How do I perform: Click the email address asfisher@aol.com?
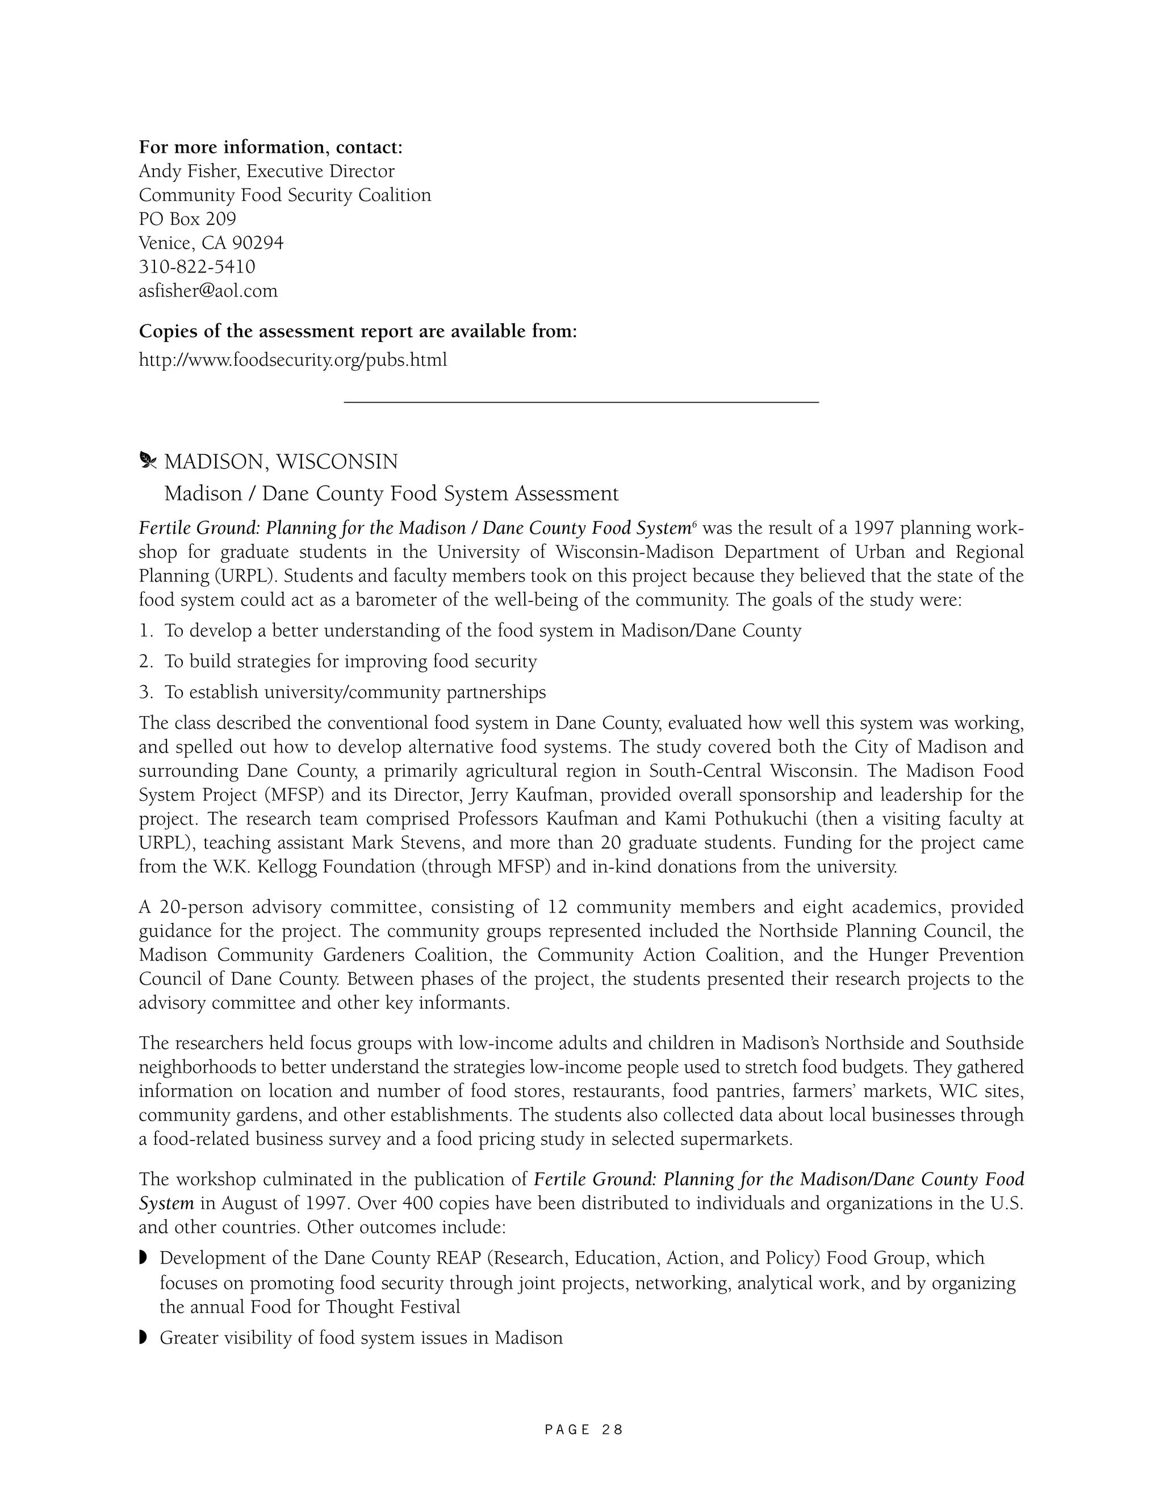[x=208, y=291]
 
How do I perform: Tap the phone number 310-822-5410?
[x=197, y=267]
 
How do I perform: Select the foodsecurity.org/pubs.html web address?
[x=293, y=359]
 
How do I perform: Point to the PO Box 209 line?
[x=187, y=219]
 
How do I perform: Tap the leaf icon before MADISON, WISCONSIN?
[x=148, y=461]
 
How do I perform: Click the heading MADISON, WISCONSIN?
[x=281, y=462]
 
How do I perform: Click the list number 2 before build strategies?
[x=145, y=662]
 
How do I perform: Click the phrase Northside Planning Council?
[x=875, y=931]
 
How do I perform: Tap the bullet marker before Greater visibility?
[x=143, y=1337]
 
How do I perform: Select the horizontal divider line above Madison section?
[x=581, y=401]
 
